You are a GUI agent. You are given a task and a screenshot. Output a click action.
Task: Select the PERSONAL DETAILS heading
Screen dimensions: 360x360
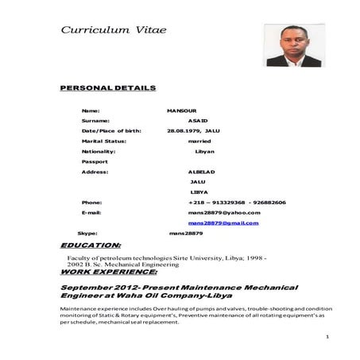108,87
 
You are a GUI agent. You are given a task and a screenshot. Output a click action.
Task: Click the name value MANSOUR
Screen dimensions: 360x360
181,109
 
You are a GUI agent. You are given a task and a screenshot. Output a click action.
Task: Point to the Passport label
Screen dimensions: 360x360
95,161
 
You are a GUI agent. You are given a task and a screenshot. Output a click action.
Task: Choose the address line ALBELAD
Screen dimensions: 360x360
201,172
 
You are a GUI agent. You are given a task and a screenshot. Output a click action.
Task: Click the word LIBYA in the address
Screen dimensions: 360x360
199,192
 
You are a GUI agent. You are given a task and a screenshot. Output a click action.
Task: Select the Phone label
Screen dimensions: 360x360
91,203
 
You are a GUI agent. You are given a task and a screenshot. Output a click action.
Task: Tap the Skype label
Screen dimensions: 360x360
87,234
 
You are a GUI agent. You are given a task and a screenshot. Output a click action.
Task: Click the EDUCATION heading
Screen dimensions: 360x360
91,246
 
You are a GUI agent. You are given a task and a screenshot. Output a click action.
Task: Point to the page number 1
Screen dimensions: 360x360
327,337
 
